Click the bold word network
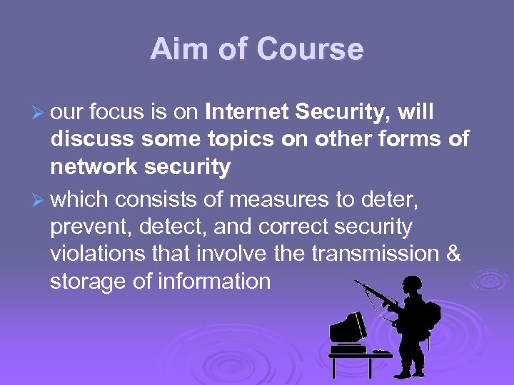[x=94, y=168]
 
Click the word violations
[x=96, y=254]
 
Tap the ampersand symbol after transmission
[x=453, y=254]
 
